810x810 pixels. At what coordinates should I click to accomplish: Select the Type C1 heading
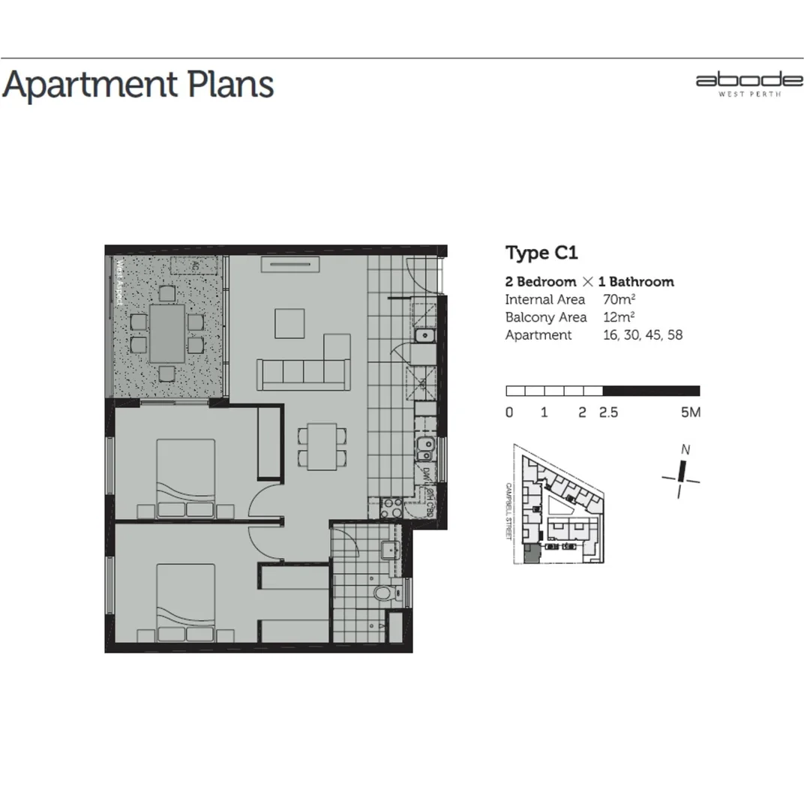tap(541, 253)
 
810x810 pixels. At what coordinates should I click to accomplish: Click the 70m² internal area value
tap(619, 299)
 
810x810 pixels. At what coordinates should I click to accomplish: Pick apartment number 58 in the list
tap(674, 335)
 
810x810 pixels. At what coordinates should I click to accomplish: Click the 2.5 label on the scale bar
tap(608, 412)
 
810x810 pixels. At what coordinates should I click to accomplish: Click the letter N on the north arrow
tap(685, 450)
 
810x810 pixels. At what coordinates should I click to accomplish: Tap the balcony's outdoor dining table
tap(166, 334)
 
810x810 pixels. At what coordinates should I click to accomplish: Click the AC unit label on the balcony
tap(194, 265)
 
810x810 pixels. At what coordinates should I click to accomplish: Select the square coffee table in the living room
tap(290, 324)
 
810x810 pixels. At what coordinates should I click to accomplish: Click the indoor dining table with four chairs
tap(322, 446)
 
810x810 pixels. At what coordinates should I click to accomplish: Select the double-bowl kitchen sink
tap(424, 449)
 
